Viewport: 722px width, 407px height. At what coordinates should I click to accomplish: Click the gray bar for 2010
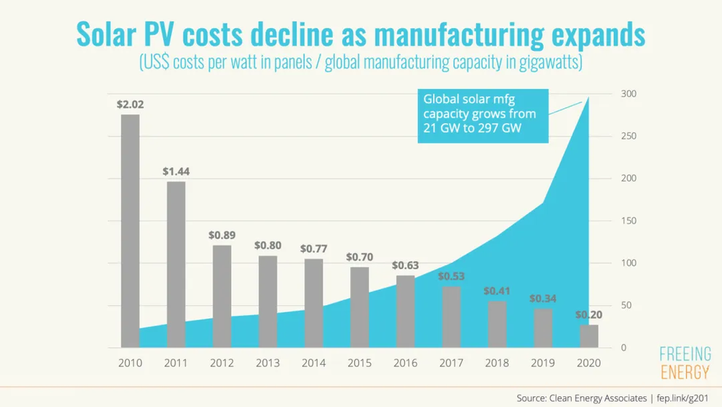point(130,231)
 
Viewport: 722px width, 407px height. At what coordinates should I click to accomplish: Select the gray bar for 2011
point(176,265)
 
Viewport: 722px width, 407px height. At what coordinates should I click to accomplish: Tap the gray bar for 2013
point(268,301)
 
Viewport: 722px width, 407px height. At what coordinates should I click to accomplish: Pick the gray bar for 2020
point(589,336)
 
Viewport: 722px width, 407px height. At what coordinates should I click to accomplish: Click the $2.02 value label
point(130,105)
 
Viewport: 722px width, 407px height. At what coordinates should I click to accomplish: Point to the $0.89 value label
point(222,235)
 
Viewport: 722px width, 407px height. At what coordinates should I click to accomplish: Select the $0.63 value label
point(405,265)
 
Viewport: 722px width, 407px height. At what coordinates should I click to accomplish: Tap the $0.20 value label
point(589,314)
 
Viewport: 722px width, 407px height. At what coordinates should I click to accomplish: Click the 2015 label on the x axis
point(360,363)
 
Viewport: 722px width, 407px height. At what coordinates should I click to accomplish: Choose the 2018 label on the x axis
point(497,363)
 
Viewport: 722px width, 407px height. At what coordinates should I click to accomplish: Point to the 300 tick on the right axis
point(629,93)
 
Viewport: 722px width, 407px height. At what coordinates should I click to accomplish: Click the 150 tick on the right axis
point(629,220)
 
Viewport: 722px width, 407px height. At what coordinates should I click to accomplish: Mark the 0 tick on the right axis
point(624,348)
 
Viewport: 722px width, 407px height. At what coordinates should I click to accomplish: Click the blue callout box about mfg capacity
point(483,116)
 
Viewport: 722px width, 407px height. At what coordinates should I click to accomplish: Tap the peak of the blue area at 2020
point(588,98)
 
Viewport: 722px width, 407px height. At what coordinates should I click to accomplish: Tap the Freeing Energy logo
point(685,363)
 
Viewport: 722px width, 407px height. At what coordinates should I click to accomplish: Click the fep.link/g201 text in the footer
point(682,398)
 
